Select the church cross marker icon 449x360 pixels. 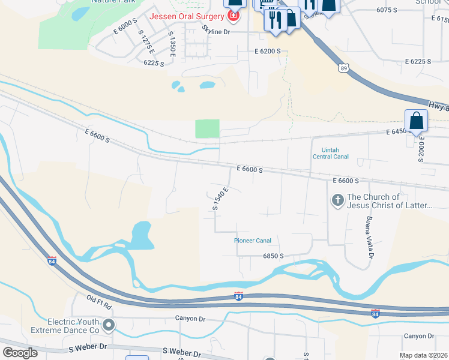point(337,200)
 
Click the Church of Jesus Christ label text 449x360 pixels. point(390,201)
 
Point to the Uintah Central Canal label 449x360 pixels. point(330,153)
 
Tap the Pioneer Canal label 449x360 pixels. point(253,241)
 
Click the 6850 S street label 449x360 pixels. point(273,256)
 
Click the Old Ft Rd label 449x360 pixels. point(99,302)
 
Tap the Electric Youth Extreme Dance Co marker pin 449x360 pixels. point(109,325)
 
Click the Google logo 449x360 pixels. point(20,353)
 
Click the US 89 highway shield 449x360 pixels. point(343,68)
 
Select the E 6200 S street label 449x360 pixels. point(268,52)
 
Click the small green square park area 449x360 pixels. point(207,128)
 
